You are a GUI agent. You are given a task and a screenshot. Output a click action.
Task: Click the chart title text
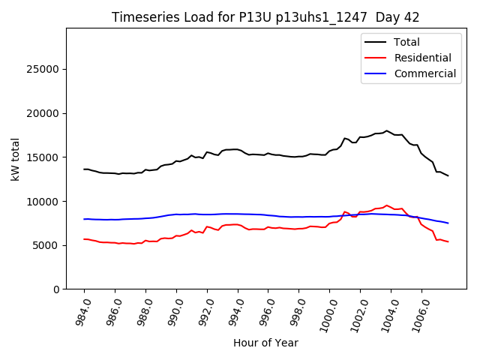(265, 17)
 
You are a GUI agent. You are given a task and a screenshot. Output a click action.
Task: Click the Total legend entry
(406, 42)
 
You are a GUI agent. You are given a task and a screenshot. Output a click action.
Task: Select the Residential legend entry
(422, 58)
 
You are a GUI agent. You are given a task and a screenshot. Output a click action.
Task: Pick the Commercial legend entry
(424, 73)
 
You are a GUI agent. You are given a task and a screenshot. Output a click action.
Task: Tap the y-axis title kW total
(15, 159)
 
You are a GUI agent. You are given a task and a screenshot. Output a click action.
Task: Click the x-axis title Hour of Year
(265, 343)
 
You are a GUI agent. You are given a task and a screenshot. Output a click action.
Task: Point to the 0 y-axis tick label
(56, 289)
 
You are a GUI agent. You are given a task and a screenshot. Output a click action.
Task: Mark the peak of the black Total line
(387, 130)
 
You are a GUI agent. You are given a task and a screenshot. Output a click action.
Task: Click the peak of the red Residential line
(387, 205)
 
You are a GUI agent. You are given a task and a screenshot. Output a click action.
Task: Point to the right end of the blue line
(448, 223)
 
